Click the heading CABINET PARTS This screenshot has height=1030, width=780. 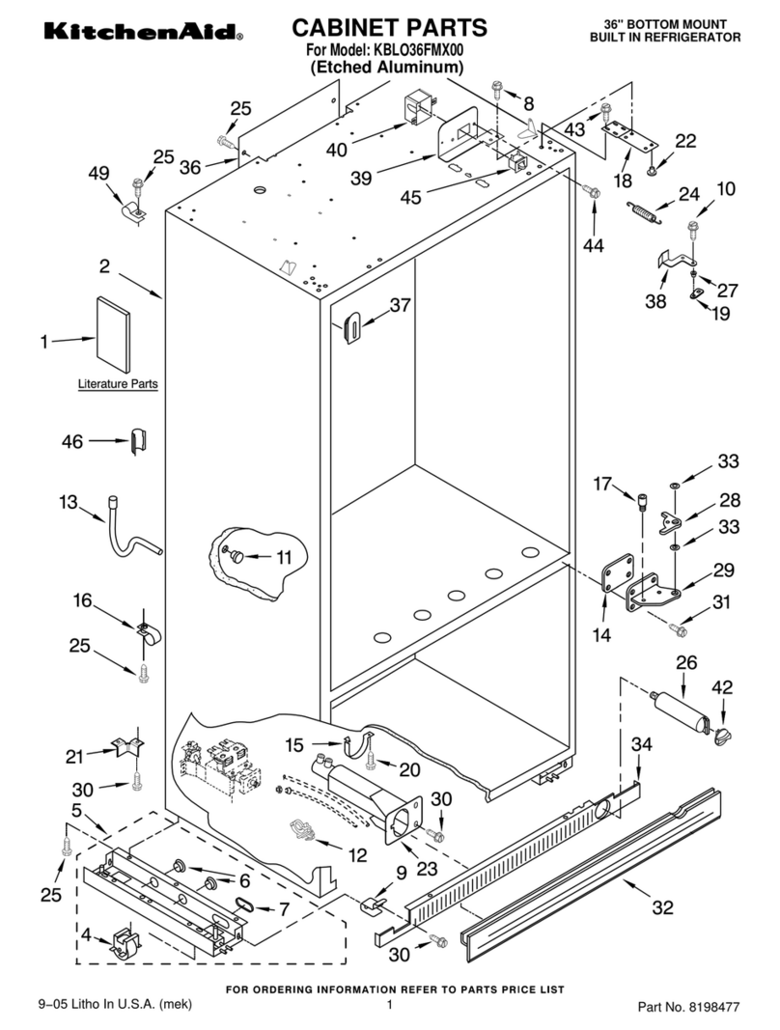pos(389,27)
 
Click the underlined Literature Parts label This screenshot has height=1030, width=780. pos(118,384)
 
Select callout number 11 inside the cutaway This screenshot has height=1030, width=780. pos(283,556)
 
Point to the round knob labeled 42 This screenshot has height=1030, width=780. pos(721,736)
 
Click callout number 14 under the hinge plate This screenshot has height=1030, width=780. pos(601,635)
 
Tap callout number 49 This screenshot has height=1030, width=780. pos(97,174)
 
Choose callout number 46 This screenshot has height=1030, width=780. pos(72,442)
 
